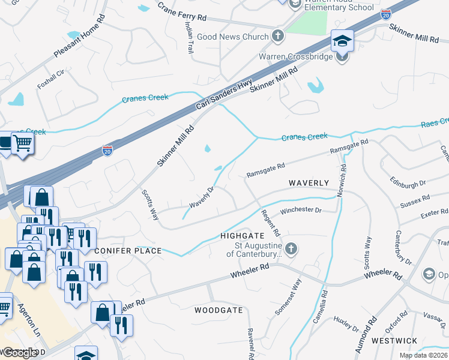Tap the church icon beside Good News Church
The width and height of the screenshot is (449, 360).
(277, 36)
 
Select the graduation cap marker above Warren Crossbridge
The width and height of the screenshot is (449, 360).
(342, 41)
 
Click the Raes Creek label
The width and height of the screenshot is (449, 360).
(434, 122)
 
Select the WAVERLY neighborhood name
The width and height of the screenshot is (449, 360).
(309, 182)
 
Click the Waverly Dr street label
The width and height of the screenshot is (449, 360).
(202, 197)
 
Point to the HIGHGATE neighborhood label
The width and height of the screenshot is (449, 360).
(242, 236)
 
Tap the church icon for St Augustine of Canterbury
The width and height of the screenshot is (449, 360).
(291, 249)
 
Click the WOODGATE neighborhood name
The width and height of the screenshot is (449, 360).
(218, 310)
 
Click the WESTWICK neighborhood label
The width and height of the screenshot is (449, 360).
(394, 340)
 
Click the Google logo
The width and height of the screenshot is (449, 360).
(20, 353)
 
